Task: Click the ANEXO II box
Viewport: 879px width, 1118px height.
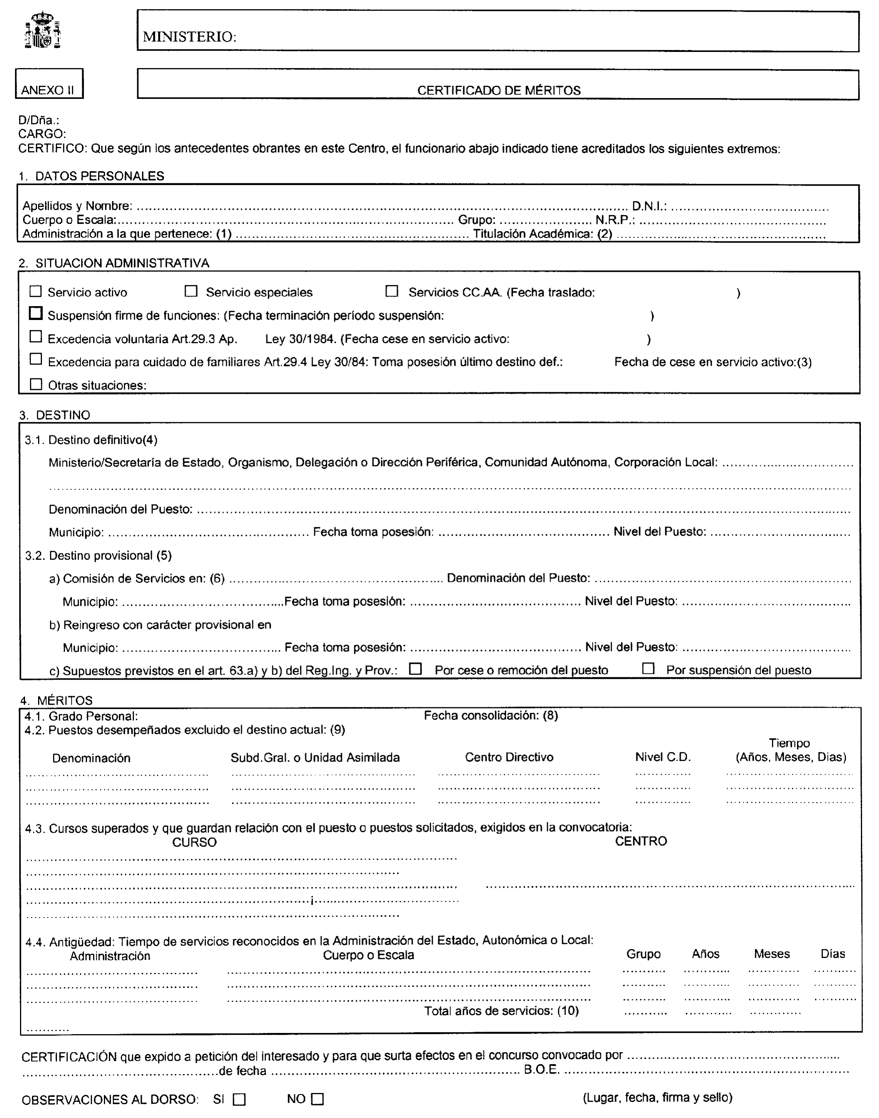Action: click(x=49, y=84)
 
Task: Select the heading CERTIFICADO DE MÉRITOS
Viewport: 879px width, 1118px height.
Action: click(x=498, y=90)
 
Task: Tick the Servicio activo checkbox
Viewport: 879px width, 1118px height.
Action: click(x=35, y=292)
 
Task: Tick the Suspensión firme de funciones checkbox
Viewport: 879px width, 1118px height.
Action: click(x=35, y=313)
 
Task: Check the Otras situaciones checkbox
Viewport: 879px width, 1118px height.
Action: click(x=35, y=384)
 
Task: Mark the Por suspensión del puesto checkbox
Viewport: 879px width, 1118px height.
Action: click(x=649, y=669)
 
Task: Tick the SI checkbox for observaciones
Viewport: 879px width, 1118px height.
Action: click(x=239, y=1100)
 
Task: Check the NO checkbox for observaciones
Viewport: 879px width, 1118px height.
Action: click(x=318, y=1100)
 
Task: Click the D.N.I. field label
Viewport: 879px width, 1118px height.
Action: click(x=649, y=206)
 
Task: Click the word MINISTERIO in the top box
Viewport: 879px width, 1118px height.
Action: click(x=189, y=37)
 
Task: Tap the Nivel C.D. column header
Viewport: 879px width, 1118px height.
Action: click(x=663, y=757)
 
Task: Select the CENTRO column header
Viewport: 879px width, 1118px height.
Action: click(x=641, y=841)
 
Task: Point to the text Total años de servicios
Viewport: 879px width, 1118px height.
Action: click(x=501, y=1011)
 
